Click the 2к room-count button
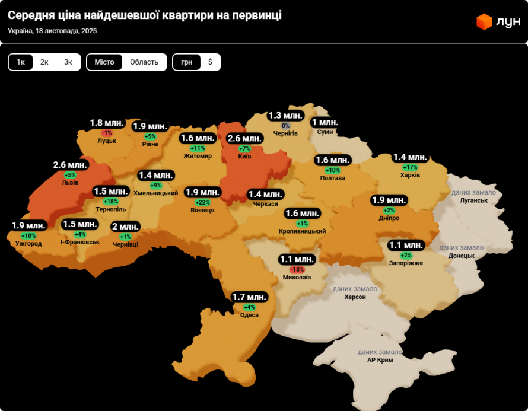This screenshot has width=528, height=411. tap(44, 62)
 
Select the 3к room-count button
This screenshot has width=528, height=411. tap(68, 62)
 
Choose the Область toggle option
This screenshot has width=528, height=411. tap(144, 62)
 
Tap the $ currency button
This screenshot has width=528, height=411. tap(210, 62)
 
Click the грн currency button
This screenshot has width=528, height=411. tap(186, 62)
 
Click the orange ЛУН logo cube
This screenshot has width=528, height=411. tap(484, 22)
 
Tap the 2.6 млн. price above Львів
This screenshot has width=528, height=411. tap(71, 165)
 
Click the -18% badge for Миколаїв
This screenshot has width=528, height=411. tap(296, 269)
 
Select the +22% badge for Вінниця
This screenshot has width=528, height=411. tap(202, 202)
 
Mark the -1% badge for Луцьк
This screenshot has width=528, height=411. tap(107, 133)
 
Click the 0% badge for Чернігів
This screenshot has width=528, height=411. tap(285, 126)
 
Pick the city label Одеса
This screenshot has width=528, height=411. tap(249, 315)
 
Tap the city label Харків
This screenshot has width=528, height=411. tap(410, 175)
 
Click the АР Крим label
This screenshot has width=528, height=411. tap(380, 360)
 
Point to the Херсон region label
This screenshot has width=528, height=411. tap(355, 297)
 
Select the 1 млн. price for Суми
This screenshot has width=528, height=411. tap(325, 123)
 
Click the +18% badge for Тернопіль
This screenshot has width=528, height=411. tap(110, 202)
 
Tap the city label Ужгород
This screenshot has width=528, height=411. tap(28, 243)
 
